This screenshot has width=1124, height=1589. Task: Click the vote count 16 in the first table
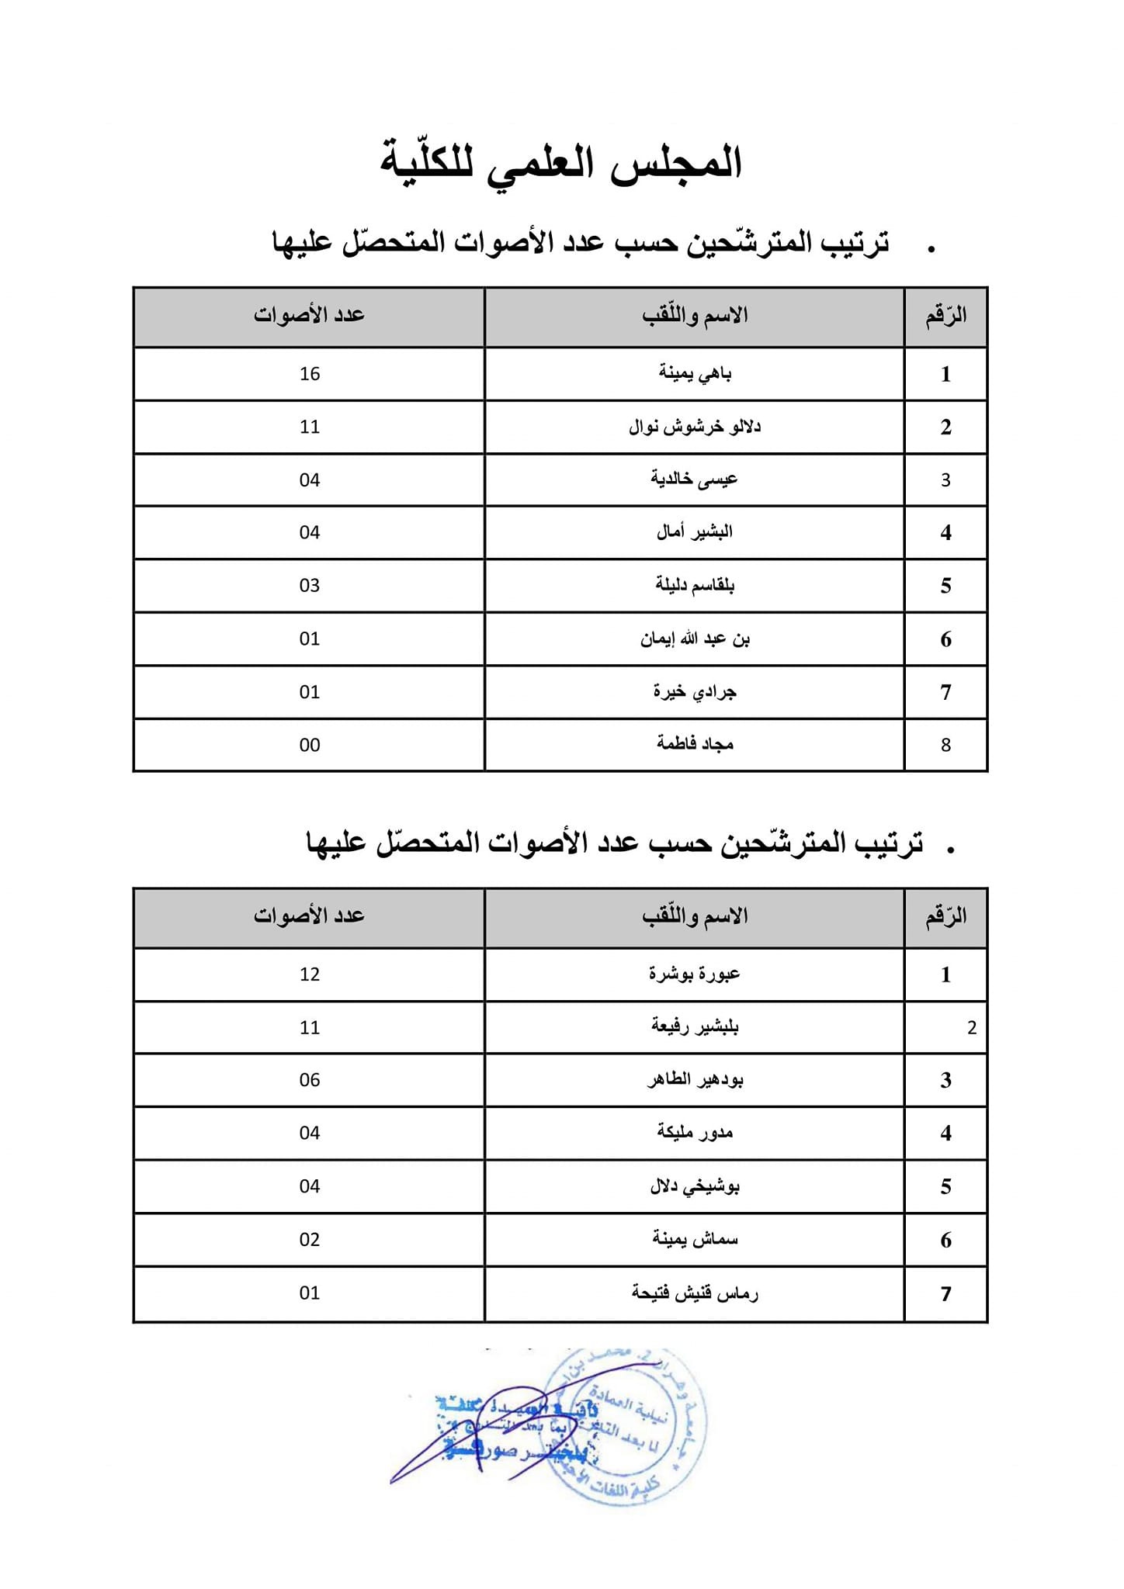pos(309,374)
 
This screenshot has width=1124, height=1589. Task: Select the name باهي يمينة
pos(695,374)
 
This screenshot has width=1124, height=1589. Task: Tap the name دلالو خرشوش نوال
pos(695,427)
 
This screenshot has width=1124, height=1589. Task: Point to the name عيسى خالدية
pos(694,479)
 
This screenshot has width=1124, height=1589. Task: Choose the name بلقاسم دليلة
pos(695,585)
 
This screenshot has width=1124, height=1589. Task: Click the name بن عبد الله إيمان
pos(695,639)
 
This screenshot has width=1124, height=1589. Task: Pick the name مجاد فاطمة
pos(695,745)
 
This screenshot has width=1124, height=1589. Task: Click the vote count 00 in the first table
pos(309,745)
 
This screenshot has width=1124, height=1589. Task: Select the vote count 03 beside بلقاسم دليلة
pos(309,586)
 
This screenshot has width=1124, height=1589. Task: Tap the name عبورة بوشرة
pos(695,974)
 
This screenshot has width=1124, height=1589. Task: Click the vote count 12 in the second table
pos(309,975)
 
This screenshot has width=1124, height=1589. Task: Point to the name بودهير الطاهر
pos(695,1080)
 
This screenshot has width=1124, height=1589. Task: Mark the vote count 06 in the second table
pos(309,1080)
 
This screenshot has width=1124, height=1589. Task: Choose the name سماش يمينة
pos(695,1240)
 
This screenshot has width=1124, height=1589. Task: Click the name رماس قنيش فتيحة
pos(695,1293)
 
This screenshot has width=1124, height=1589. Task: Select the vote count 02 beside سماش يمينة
pos(309,1240)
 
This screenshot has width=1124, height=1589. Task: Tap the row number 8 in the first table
pos(945,745)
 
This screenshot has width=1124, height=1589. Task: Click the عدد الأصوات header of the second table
pos(309,916)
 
